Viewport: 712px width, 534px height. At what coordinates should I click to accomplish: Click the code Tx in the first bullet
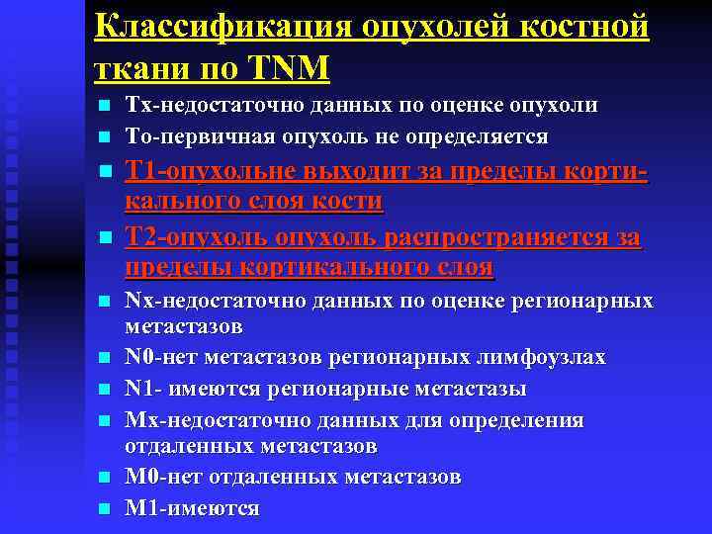tap(137, 106)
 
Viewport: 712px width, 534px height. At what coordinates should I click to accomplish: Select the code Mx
tap(142, 420)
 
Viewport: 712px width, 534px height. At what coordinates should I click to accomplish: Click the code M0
tap(141, 477)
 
